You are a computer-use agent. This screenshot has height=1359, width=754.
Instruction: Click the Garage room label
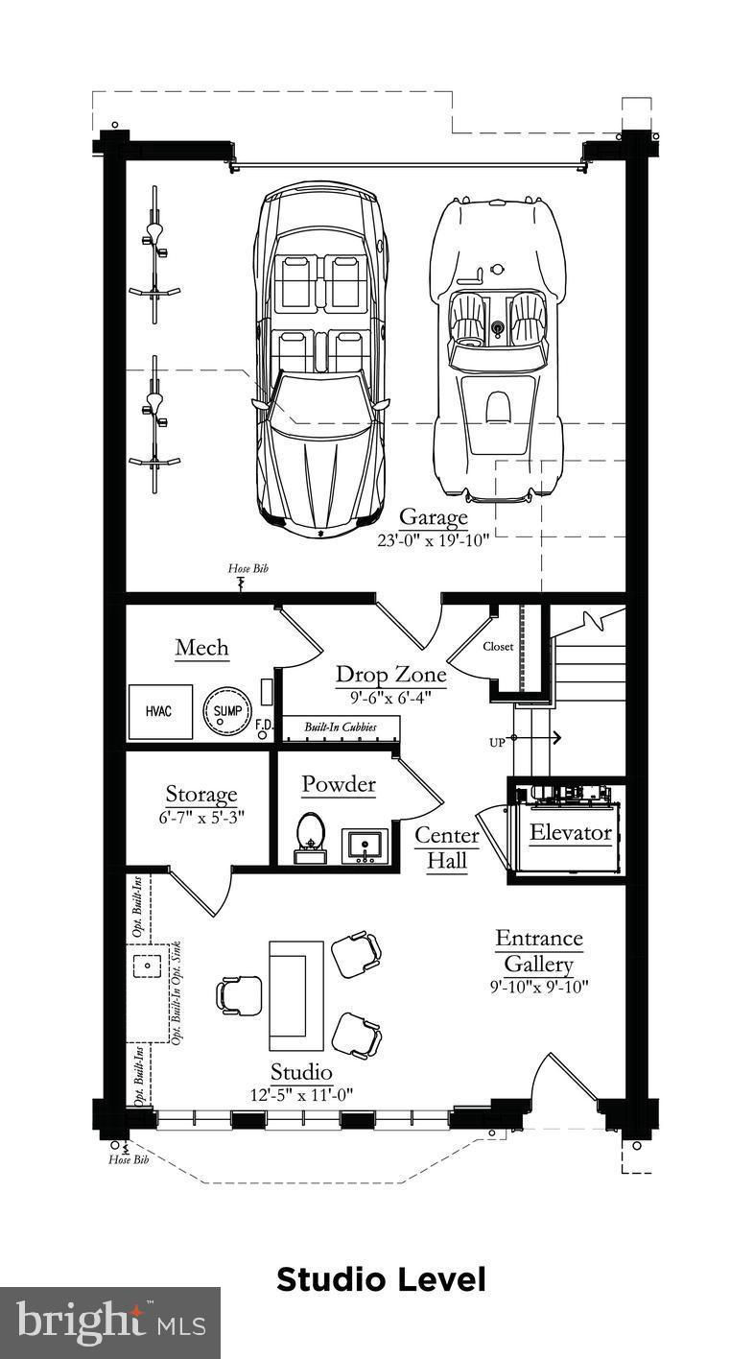tap(433, 517)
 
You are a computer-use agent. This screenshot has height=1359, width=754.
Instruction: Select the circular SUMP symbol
tap(227, 710)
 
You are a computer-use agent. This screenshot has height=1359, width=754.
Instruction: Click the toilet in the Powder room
tap(311, 837)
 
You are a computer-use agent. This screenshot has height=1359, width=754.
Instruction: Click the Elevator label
tap(570, 832)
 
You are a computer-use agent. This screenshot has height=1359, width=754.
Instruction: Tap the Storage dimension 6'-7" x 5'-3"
tap(201, 817)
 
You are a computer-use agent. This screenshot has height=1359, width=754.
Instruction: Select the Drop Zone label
tap(391, 675)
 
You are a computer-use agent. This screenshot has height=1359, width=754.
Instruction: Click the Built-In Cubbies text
tap(341, 727)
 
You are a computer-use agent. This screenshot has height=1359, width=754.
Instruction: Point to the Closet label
tap(498, 647)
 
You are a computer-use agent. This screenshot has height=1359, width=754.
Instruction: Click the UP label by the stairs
tap(497, 743)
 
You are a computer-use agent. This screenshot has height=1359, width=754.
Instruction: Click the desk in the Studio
tap(296, 995)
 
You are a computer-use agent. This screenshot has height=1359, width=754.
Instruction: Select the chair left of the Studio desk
tap(239, 994)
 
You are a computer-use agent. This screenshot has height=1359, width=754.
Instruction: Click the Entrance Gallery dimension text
tap(539, 987)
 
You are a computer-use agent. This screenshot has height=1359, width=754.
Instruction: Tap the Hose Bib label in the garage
tap(248, 568)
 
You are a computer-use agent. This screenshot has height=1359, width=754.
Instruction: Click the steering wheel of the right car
tap(498, 327)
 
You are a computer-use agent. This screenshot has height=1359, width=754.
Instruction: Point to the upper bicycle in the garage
tap(154, 255)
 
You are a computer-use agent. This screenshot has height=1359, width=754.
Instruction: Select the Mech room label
tap(202, 648)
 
